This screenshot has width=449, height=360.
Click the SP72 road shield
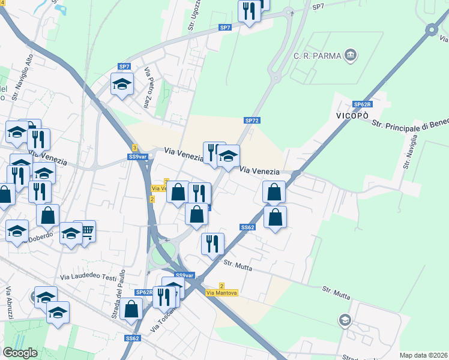pos(252,121)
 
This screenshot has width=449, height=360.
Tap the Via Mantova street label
pos(221,293)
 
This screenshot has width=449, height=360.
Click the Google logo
pos(20,352)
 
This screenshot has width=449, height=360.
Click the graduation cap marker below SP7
pos(122,84)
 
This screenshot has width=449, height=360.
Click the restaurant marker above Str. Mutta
pos(212,243)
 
